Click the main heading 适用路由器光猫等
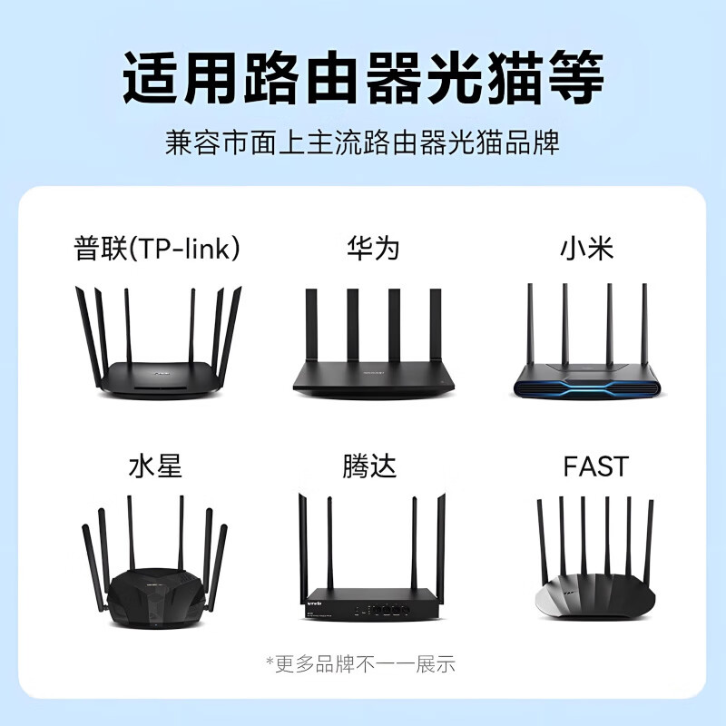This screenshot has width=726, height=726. point(363,80)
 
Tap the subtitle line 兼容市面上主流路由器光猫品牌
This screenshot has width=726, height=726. point(363,143)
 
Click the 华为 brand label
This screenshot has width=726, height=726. point(373,248)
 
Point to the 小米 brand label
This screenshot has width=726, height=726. point(587,248)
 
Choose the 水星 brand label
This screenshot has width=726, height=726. point(155,466)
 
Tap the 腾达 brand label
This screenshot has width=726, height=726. point(369,466)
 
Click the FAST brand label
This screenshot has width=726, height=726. point(595,466)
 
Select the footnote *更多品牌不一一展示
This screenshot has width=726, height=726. point(360,663)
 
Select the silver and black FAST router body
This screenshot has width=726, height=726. point(594,599)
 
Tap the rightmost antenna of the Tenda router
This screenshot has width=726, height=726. point(441,544)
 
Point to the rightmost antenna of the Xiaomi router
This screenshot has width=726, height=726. point(644,322)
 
